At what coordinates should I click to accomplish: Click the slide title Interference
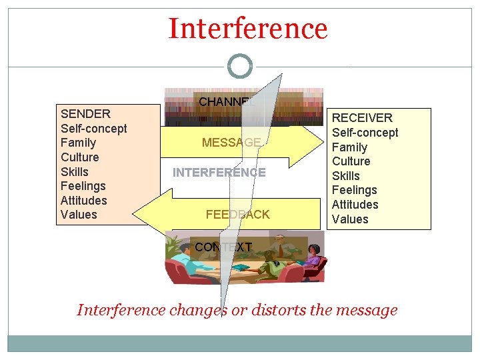pyautogui.click(x=248, y=29)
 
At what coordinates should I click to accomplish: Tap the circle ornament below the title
pyautogui.click(x=240, y=67)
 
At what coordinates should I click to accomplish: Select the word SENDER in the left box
pyautogui.click(x=85, y=113)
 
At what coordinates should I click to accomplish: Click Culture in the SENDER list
pyautogui.click(x=79, y=157)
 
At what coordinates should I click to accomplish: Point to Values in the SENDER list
pyautogui.click(x=79, y=215)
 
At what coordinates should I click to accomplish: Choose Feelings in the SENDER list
pyautogui.click(x=83, y=186)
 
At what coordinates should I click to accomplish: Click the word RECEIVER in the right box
pyautogui.click(x=362, y=118)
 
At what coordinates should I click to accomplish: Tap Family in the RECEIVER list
pyautogui.click(x=350, y=147)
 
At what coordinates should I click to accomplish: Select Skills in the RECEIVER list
pyautogui.click(x=346, y=176)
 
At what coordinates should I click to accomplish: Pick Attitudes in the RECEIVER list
pyautogui.click(x=355, y=205)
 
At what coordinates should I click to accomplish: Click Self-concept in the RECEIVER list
pyautogui.click(x=365, y=133)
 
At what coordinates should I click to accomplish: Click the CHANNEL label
pyautogui.click(x=227, y=102)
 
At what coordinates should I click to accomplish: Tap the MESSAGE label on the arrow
pyautogui.click(x=231, y=142)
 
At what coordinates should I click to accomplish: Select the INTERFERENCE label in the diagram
pyautogui.click(x=219, y=173)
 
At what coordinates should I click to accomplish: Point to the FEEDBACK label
pyautogui.click(x=237, y=215)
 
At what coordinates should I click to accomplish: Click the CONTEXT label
pyautogui.click(x=223, y=247)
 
